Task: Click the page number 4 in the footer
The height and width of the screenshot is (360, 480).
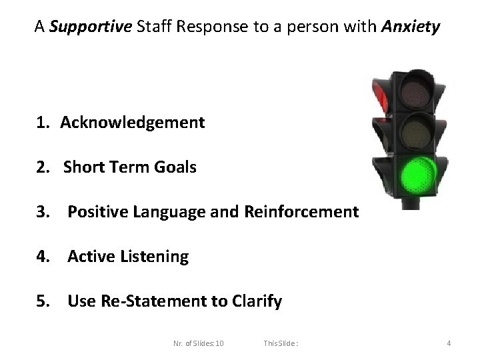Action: [x=449, y=343]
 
